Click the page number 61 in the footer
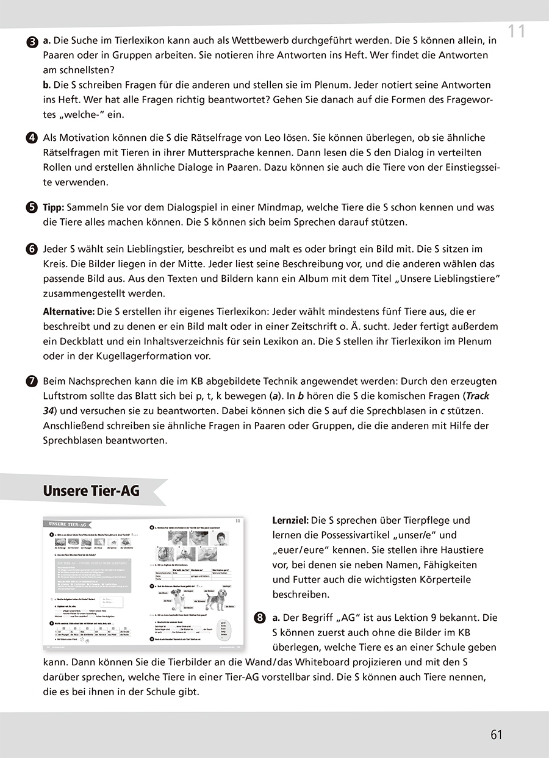[496, 734]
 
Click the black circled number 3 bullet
[32, 41]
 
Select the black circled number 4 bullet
[32, 138]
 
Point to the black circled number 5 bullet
[32, 207]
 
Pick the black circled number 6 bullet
[32, 249]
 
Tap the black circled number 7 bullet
[32, 382]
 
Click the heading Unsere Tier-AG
[91, 491]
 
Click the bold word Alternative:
[68, 312]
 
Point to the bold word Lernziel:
[290, 521]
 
